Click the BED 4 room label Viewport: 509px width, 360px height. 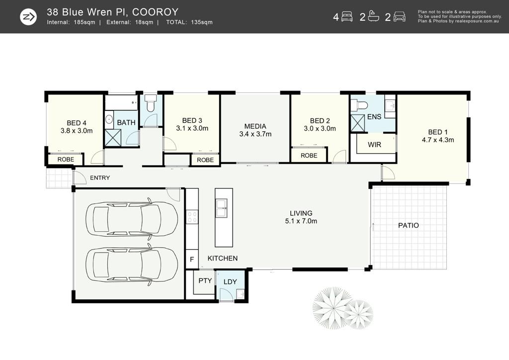[x=77, y=123]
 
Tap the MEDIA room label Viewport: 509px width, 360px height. [x=255, y=126]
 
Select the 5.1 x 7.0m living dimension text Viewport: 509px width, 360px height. [x=301, y=221]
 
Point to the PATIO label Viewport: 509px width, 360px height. [x=409, y=225]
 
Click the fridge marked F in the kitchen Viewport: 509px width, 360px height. [x=192, y=259]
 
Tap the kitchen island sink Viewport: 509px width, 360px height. [x=222, y=208]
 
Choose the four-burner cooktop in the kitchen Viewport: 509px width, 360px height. [x=192, y=217]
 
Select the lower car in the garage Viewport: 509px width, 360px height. [x=131, y=264]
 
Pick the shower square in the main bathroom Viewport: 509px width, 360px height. [x=113, y=138]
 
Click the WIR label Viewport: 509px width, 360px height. [x=374, y=145]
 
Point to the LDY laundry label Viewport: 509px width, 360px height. [x=230, y=282]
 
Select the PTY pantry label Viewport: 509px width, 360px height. [x=205, y=280]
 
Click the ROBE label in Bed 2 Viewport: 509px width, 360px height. [x=309, y=156]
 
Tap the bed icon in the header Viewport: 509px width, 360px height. [x=347, y=16]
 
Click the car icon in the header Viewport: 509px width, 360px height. [x=399, y=16]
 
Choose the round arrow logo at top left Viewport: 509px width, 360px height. [x=28, y=17]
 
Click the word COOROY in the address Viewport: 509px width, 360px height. [x=156, y=12]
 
